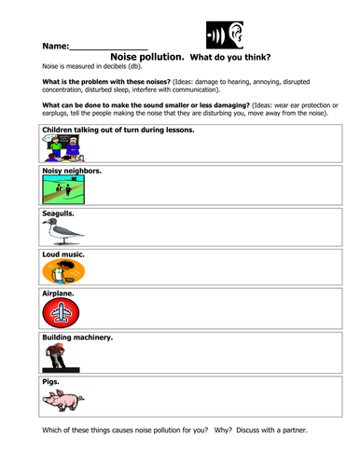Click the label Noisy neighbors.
pyautogui.click(x=72, y=171)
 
